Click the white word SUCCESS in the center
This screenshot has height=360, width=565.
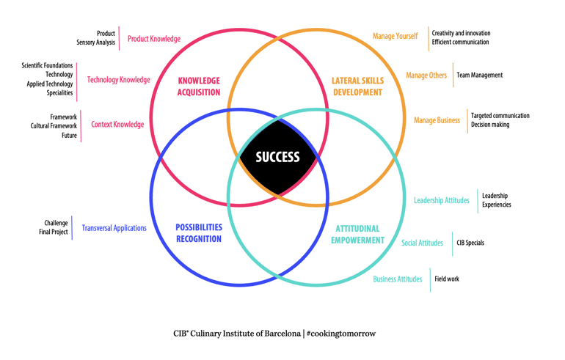[x=277, y=157]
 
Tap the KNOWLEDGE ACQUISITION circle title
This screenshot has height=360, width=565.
[x=199, y=87]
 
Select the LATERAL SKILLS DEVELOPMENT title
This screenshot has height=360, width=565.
[x=357, y=87]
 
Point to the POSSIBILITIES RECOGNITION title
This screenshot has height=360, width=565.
[x=199, y=233]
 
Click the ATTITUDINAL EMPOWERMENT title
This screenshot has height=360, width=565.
[x=357, y=235]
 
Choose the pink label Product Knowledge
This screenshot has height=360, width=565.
[x=154, y=39]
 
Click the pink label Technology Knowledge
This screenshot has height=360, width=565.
[x=118, y=80]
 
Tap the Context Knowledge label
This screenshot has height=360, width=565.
[x=117, y=125]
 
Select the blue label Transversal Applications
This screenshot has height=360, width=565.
[x=114, y=228]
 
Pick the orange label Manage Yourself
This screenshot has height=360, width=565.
[x=395, y=36]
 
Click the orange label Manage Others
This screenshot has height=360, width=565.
[x=426, y=75]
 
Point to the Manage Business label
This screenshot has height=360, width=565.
[x=437, y=120]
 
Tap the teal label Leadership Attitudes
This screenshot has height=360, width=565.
[x=442, y=200]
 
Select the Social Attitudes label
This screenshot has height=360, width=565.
[x=422, y=243]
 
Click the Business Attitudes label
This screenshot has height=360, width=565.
[x=398, y=279]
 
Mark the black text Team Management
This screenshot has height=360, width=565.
[x=479, y=75]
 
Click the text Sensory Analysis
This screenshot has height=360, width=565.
[x=95, y=43]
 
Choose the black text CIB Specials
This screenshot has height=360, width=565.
[x=470, y=243]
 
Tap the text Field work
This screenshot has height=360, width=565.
[x=447, y=279]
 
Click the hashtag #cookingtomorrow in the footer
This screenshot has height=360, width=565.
[x=341, y=334]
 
